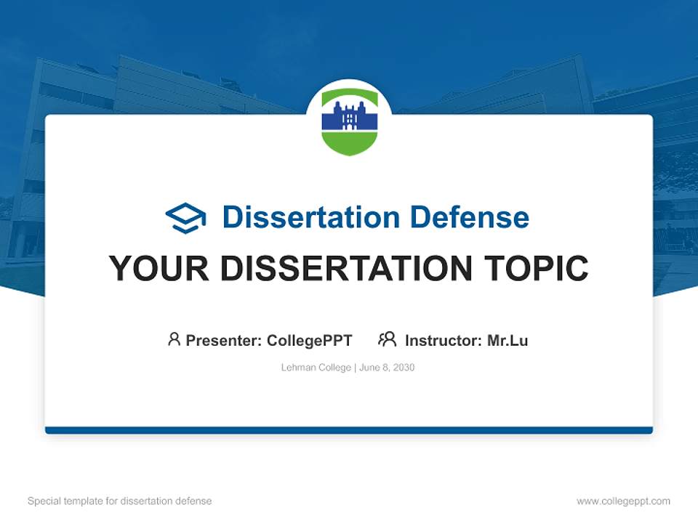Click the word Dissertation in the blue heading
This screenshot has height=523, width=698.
310,217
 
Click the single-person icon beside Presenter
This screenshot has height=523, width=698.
174,339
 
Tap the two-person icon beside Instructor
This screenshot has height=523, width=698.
387,339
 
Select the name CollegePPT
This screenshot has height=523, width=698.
309,340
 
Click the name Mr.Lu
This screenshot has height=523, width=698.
508,340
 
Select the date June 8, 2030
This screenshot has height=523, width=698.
387,368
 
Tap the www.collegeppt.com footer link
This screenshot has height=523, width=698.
623,501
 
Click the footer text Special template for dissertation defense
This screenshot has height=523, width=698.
120,501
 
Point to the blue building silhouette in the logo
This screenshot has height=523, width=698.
349,116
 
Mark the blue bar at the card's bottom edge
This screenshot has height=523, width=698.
349,430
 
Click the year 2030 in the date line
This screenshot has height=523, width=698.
403,368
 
